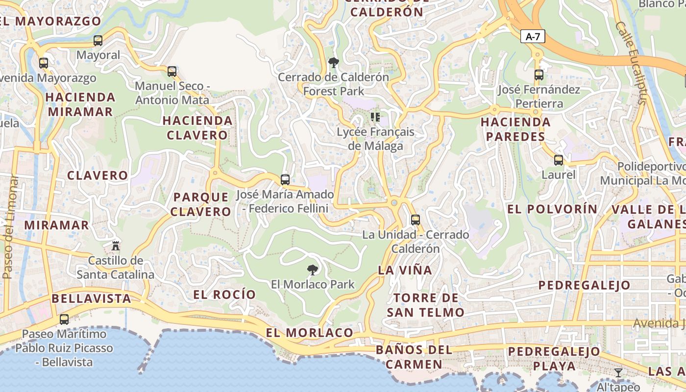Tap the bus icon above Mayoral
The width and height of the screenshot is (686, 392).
pyautogui.click(x=98, y=41)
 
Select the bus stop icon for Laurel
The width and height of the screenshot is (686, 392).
pyautogui.click(x=558, y=160)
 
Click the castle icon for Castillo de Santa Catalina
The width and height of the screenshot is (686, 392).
pyautogui.click(x=116, y=245)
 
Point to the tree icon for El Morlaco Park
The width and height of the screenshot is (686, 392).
pyautogui.click(x=312, y=269)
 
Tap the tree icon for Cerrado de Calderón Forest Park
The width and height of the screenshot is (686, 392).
pyautogui.click(x=334, y=63)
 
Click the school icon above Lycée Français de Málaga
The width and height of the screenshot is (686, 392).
pyautogui.click(x=375, y=117)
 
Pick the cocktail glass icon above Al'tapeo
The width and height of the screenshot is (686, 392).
pyautogui.click(x=618, y=373)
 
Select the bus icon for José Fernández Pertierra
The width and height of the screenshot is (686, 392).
pyautogui.click(x=539, y=75)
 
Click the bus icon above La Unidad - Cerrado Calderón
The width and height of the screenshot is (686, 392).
pyautogui.click(x=416, y=220)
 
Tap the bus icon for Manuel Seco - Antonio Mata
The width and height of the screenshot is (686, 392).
pyautogui.click(x=172, y=72)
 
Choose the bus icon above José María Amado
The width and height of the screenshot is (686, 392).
pyautogui.click(x=285, y=180)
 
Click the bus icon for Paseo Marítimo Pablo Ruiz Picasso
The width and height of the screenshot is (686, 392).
pyautogui.click(x=64, y=319)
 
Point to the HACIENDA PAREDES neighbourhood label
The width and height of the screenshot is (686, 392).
pyautogui.click(x=515, y=129)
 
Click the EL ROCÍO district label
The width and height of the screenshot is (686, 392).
pyautogui.click(x=224, y=294)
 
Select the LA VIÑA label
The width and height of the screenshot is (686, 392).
pyautogui.click(x=405, y=270)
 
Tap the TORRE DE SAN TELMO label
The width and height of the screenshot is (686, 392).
pyautogui.click(x=425, y=305)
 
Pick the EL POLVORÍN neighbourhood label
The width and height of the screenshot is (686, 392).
pyautogui.click(x=552, y=209)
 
